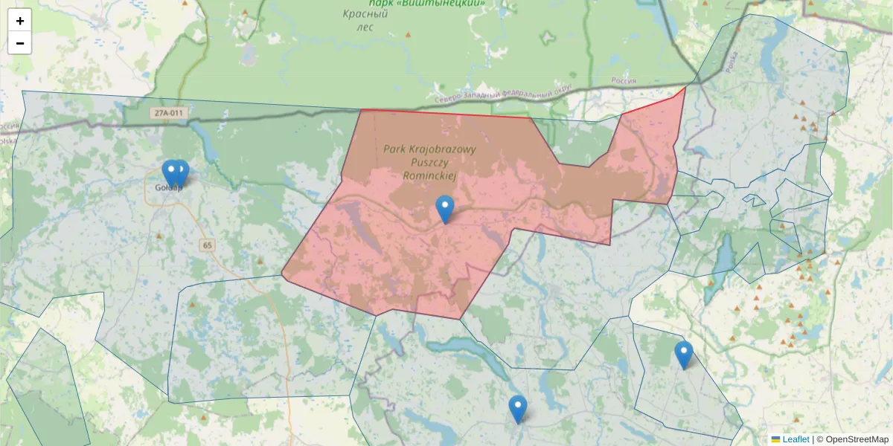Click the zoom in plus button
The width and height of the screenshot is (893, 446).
pyautogui.click(x=20, y=21)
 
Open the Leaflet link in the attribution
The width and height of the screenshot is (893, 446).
pyautogui.click(x=796, y=439)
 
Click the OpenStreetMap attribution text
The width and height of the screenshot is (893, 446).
pyautogui.click(x=857, y=439)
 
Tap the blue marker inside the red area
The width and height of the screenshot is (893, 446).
pyautogui.click(x=445, y=209)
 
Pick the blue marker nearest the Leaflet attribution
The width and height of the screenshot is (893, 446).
pyautogui.click(x=684, y=355)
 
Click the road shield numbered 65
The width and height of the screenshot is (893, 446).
pyautogui.click(x=206, y=245)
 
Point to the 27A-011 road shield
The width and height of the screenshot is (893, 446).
pyautogui.click(x=166, y=113)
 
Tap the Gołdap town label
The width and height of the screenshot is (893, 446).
pyautogui.click(x=168, y=187)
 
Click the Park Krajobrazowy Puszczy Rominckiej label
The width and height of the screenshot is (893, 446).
pyautogui.click(x=429, y=162)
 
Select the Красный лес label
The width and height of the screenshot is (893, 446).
pyautogui.click(x=365, y=20)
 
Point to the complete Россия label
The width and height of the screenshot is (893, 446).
pyautogui.click(x=623, y=80)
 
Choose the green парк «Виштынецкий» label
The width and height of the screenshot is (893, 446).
pyautogui.click(x=426, y=3)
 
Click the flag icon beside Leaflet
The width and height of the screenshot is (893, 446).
pyautogui.click(x=775, y=439)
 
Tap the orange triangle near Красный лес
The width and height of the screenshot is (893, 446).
pyautogui.click(x=407, y=34)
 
